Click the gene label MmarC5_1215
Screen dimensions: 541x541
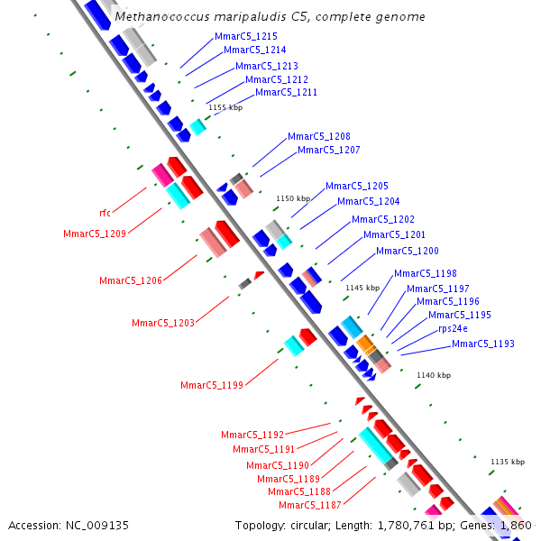pos(246,36)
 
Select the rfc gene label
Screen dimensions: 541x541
pos(105,213)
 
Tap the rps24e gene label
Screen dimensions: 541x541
pos(453,328)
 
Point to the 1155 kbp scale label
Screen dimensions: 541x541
pos(225,107)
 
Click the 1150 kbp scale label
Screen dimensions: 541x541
pos(293,198)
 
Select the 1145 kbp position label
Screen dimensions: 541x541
pos(362,288)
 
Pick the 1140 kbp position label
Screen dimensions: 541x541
pos(434,375)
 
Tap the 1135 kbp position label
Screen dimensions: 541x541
pos(508,462)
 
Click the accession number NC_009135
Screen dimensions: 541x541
pos(97,526)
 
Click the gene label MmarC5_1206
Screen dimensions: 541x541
pos(131,280)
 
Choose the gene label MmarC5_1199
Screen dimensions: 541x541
pos(212,385)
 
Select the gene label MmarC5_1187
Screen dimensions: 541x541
pos(310,505)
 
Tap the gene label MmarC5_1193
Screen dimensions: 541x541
pos(483,344)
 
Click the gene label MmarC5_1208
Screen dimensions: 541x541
pos(319,136)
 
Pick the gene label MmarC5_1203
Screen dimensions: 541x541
pos(163,323)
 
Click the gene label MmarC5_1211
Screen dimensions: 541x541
pos(287,92)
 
